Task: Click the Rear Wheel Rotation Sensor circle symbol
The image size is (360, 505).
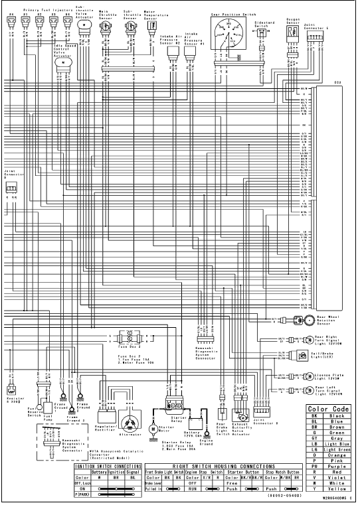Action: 310,319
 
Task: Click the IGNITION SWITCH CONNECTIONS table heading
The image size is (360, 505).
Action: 107,465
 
